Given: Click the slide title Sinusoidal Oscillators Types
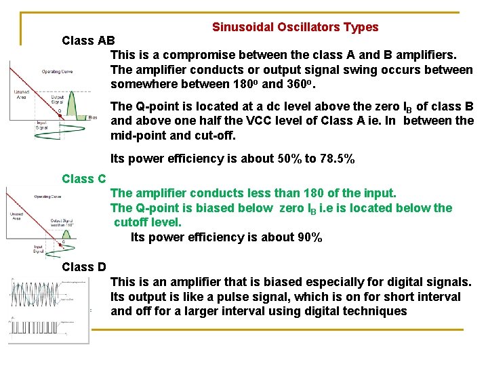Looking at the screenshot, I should [295, 27].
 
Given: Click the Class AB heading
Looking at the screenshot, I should [88, 40].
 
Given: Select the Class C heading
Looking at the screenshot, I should [84, 179].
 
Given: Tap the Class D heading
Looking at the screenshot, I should [84, 267].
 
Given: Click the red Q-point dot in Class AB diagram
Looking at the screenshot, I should [60, 116].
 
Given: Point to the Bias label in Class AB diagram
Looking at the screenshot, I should [93, 117].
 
